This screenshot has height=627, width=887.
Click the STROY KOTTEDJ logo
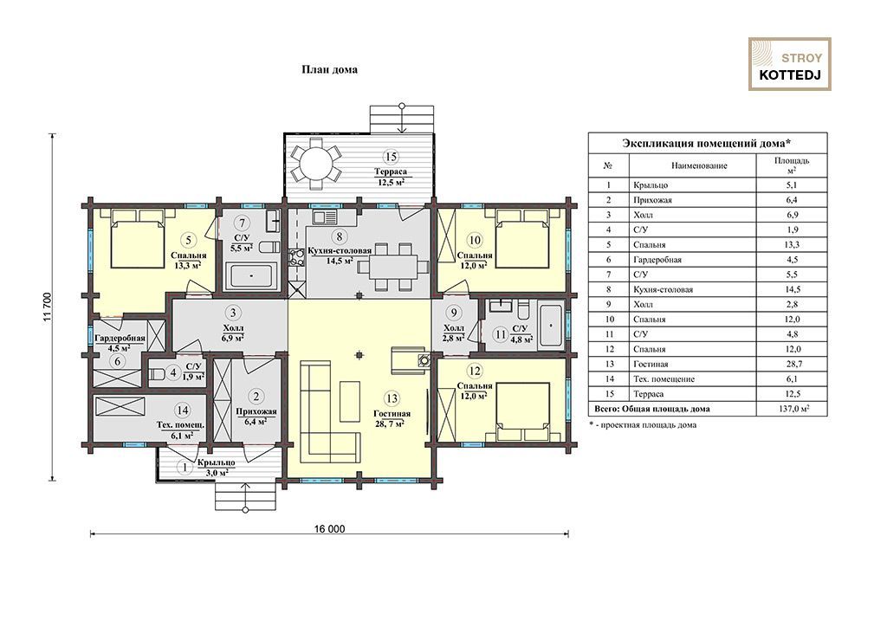click(790, 64)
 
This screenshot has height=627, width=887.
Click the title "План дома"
click(329, 69)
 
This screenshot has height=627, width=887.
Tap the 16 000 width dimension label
click(329, 529)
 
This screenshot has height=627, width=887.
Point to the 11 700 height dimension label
click(47, 307)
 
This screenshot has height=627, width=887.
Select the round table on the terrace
click(316, 164)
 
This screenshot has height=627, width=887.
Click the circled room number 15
click(390, 157)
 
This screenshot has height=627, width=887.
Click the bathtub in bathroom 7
click(252, 276)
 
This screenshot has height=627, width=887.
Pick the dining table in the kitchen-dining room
click(394, 266)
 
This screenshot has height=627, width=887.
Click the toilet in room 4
click(158, 374)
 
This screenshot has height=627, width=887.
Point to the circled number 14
click(182, 410)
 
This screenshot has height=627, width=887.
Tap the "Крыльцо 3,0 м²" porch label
click(216, 467)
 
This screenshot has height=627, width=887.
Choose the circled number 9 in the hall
click(454, 312)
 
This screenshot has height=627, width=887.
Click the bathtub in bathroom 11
click(551, 326)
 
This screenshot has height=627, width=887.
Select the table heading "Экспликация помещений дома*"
click(707, 143)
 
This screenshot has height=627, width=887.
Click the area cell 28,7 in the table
click(792, 364)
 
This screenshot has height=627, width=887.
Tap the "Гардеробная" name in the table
click(657, 260)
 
